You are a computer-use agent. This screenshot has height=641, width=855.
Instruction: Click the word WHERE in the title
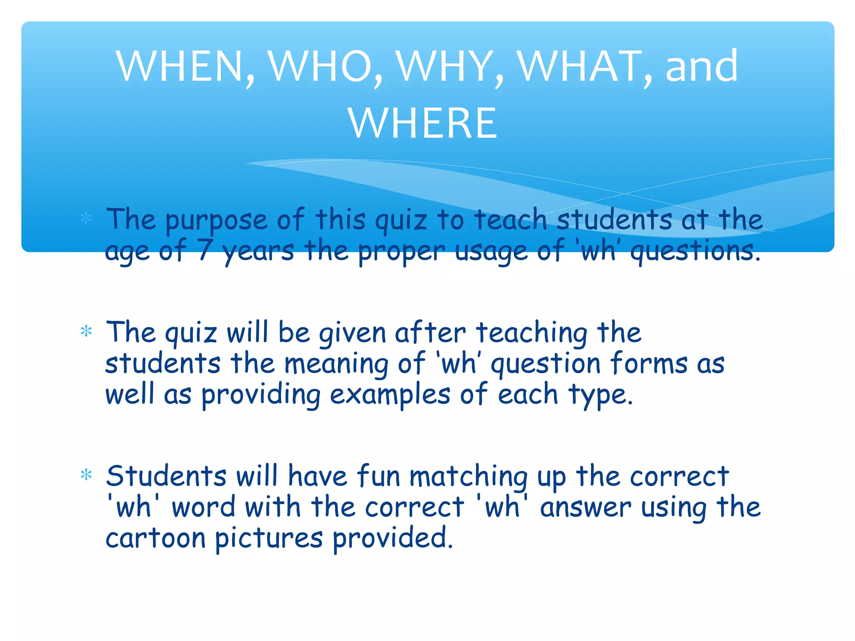422,124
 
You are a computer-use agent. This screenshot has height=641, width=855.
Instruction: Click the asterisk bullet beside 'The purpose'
86,218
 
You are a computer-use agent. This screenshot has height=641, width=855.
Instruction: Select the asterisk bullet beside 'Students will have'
86,475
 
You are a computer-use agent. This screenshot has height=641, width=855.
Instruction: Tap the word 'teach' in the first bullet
511,220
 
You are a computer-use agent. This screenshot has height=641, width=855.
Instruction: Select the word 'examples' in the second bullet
390,395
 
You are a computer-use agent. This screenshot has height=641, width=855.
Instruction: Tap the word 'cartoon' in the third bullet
155,538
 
